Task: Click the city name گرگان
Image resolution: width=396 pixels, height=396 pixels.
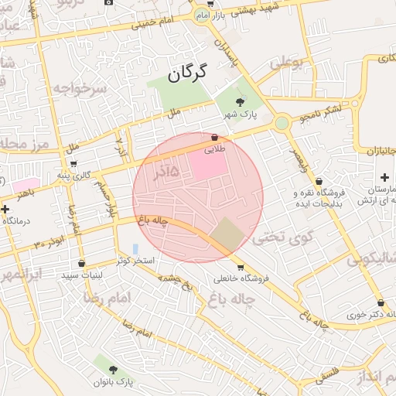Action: tap(189, 74)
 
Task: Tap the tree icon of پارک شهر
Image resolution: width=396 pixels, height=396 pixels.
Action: tap(239, 101)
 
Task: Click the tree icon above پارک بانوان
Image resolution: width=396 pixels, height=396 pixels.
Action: tap(114, 370)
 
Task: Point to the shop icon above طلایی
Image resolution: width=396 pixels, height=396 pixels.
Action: tap(214, 137)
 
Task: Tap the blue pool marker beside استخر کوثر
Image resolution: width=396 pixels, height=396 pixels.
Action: tap(136, 249)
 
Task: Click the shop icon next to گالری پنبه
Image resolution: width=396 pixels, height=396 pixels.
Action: tap(73, 164)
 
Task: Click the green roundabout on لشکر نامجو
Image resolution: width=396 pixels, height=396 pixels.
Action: tap(282, 122)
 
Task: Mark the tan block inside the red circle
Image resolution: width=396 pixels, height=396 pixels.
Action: tap(227, 234)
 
